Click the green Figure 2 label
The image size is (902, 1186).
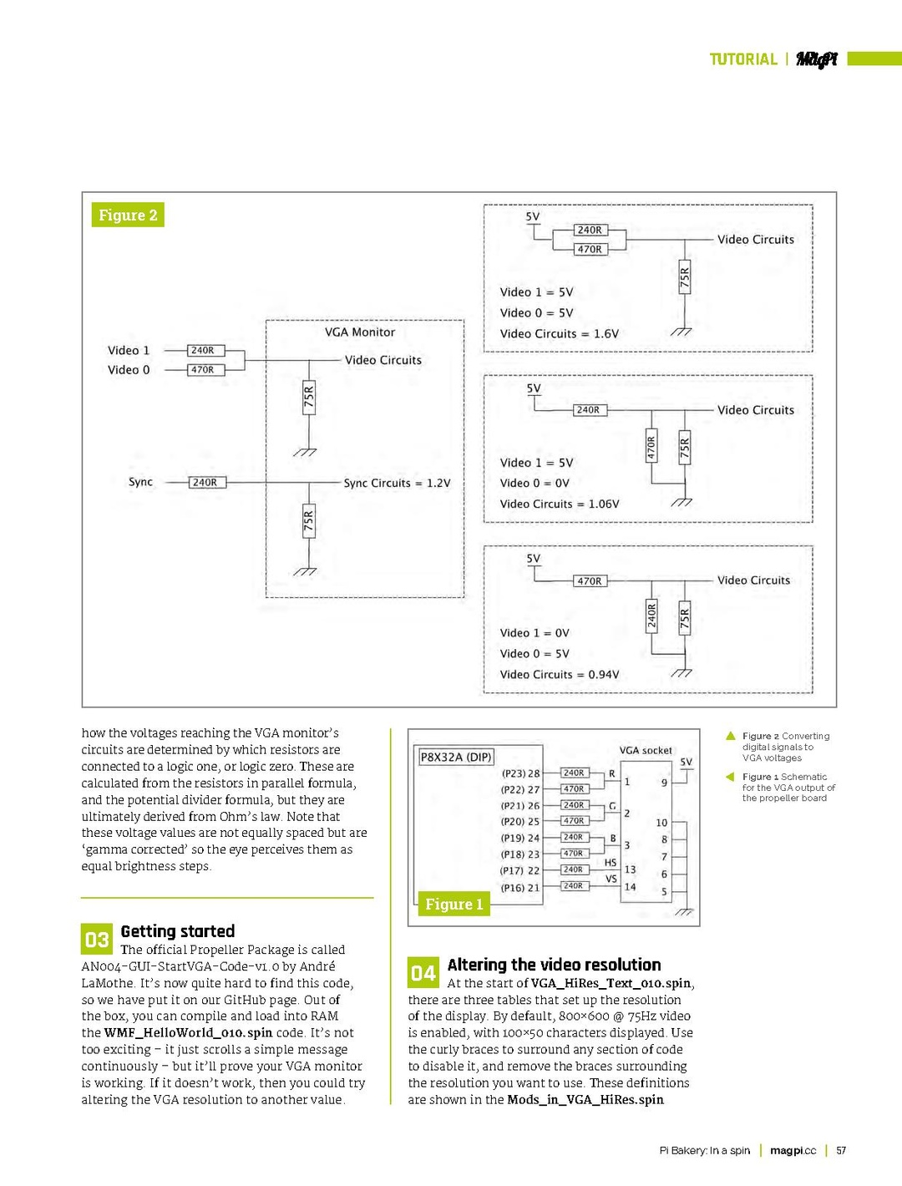(128, 215)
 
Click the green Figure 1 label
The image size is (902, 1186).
(454, 904)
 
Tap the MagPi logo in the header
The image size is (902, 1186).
(816, 58)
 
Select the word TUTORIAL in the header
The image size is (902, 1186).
(742, 59)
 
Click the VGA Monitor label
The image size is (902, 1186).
(360, 332)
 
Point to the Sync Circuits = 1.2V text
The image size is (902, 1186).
(397, 483)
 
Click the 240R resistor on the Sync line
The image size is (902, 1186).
(205, 482)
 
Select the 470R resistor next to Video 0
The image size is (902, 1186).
(202, 369)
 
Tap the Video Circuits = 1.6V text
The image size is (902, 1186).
(559, 333)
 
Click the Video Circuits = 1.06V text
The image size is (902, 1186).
(559, 504)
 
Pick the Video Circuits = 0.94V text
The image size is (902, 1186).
(559, 674)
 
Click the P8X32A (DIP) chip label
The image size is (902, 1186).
(455, 757)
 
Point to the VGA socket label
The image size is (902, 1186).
(645, 750)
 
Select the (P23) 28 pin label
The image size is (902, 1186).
(520, 773)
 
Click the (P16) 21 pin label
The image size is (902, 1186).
(520, 887)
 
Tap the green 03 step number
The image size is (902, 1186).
(97, 940)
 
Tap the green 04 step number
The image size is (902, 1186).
(423, 973)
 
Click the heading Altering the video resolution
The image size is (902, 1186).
(554, 965)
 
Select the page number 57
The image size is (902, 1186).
(841, 1150)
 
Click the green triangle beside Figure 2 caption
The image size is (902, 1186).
(731, 736)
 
